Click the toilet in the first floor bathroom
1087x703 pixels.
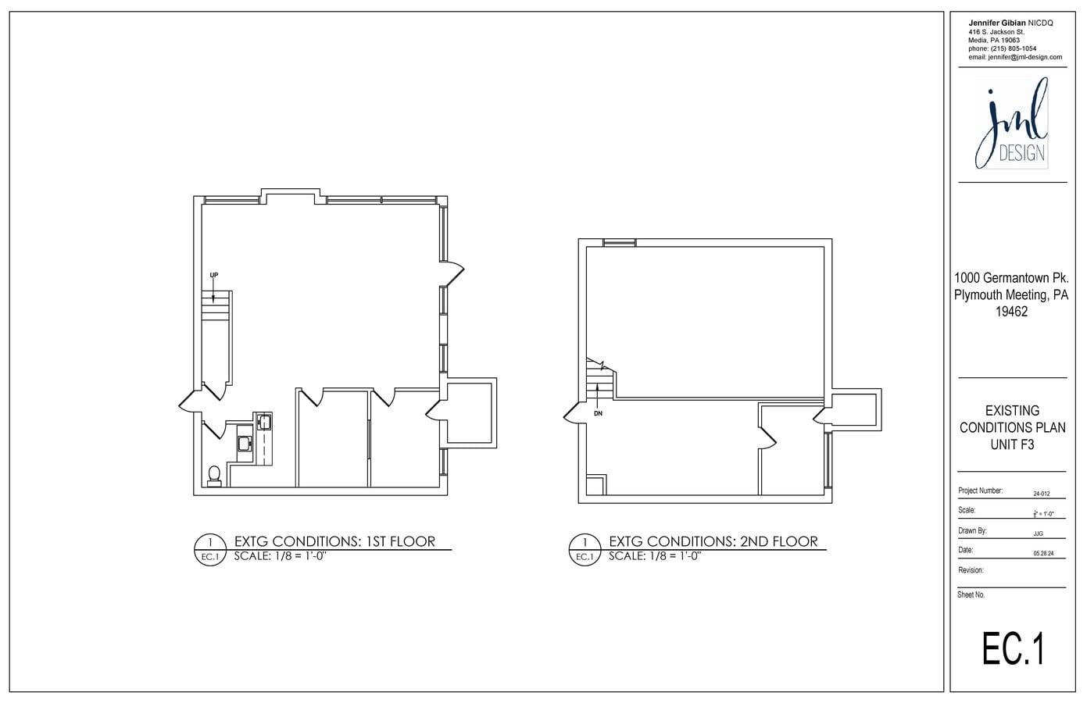[x=214, y=475]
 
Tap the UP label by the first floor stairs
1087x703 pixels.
[x=214, y=275]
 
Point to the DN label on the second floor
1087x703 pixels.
[x=599, y=413]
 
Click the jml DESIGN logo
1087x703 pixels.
[x=1012, y=125]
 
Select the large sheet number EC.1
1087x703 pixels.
[x=1013, y=648]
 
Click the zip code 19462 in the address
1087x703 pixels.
[x=1011, y=312]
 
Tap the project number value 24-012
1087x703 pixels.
[x=1042, y=494]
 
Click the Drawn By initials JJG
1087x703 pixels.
[x=1038, y=533]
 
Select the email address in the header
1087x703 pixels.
[x=1015, y=57]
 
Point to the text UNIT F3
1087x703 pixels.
[x=1012, y=444]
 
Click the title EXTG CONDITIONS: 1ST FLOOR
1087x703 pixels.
[x=334, y=541]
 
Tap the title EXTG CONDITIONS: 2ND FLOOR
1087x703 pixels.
[x=713, y=541]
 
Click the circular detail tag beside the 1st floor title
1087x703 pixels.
[x=209, y=548]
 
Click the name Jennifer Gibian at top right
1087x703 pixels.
[x=998, y=23]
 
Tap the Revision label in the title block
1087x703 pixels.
[x=971, y=570]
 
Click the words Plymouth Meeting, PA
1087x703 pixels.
[x=1011, y=294]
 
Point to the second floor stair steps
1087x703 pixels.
[x=599, y=385]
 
